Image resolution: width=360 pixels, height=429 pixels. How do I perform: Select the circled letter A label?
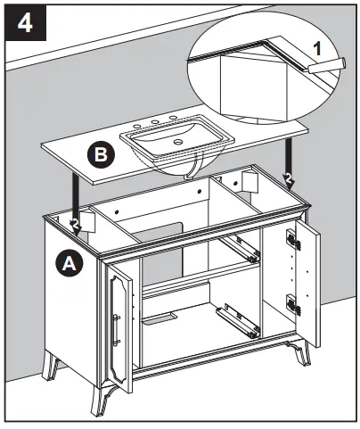pos(67,263)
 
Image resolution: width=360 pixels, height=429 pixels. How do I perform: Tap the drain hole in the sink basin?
pos(176,140)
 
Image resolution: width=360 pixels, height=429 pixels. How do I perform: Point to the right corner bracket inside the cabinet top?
pos(249,182)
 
